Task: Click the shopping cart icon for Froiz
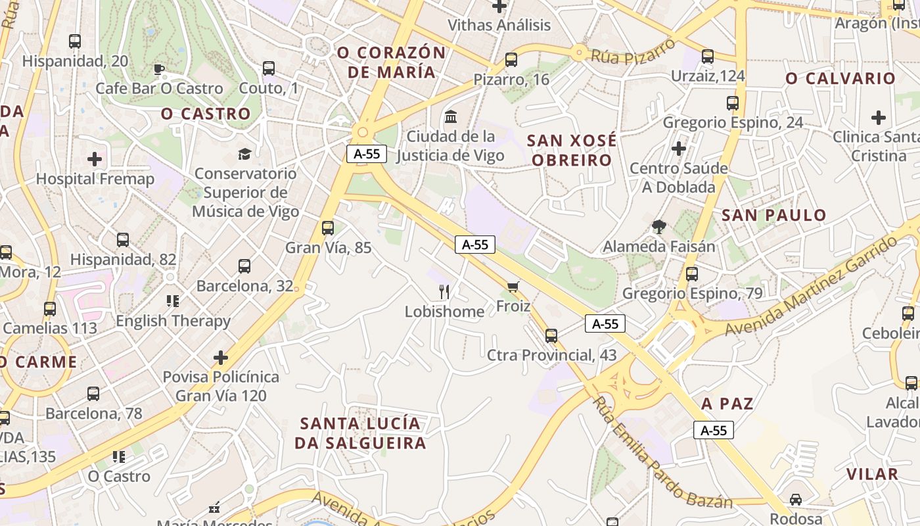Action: [513, 287]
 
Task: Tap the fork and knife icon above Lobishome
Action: [445, 291]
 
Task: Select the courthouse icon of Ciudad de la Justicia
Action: [451, 117]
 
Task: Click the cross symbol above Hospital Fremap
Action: [95, 158]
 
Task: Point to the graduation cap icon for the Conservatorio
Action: [244, 154]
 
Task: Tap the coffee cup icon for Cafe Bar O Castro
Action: [158, 69]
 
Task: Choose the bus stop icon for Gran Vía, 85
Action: [328, 228]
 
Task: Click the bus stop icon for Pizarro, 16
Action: [511, 60]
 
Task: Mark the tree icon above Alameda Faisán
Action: [658, 227]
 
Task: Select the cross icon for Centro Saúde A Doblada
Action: [679, 149]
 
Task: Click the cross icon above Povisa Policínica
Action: [221, 358]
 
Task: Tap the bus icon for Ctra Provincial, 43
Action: [551, 336]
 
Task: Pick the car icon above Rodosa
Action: [796, 499]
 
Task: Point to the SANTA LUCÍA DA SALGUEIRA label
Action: [359, 433]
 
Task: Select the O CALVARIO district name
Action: [840, 78]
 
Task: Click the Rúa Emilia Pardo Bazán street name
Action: [661, 454]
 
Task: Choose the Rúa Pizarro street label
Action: [633, 51]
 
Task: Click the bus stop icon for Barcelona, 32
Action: [244, 266]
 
